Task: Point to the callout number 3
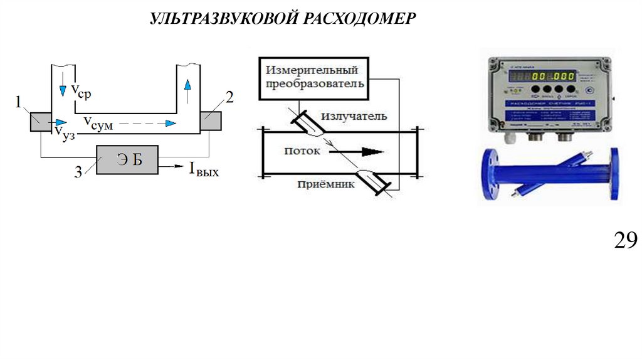click(78, 172)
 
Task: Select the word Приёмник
click(327, 184)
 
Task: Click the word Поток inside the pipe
click(302, 151)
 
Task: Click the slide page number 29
click(625, 240)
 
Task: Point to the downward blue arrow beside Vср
click(62, 90)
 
